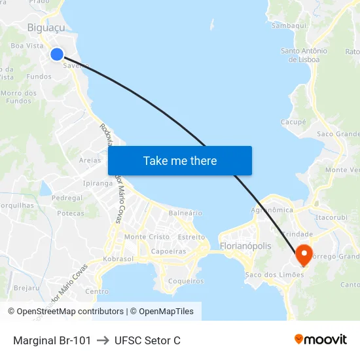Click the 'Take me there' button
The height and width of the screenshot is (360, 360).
pyautogui.click(x=180, y=160)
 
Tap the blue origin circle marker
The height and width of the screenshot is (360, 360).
pyautogui.click(x=57, y=54)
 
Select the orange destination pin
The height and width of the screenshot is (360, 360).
pyautogui.click(x=304, y=254)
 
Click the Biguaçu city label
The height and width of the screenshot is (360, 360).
pyautogui.click(x=46, y=27)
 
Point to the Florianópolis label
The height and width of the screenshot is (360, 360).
pyautogui.click(x=245, y=246)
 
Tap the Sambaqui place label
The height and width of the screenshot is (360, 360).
pyautogui.click(x=289, y=26)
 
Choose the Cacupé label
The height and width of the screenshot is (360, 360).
pyautogui.click(x=293, y=122)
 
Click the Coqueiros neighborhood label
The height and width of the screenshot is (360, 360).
pyautogui.click(x=186, y=281)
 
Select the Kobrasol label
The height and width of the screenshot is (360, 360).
pyautogui.click(x=118, y=260)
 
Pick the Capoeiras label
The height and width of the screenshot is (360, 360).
pyautogui.click(x=168, y=251)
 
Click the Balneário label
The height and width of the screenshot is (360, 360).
pyautogui.click(x=185, y=213)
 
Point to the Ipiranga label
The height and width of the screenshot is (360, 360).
pyautogui.click(x=98, y=183)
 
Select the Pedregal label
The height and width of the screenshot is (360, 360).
pyautogui.click(x=67, y=198)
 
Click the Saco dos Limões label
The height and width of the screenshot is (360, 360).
pyautogui.click(x=274, y=275)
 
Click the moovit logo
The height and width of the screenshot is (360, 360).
pyautogui.click(x=321, y=339)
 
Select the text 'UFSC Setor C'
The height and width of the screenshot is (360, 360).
pyautogui.click(x=147, y=340)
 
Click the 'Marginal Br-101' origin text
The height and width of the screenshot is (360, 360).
pyautogui.click(x=52, y=340)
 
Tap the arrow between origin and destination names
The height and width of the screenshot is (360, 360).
pyautogui.click(x=103, y=340)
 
